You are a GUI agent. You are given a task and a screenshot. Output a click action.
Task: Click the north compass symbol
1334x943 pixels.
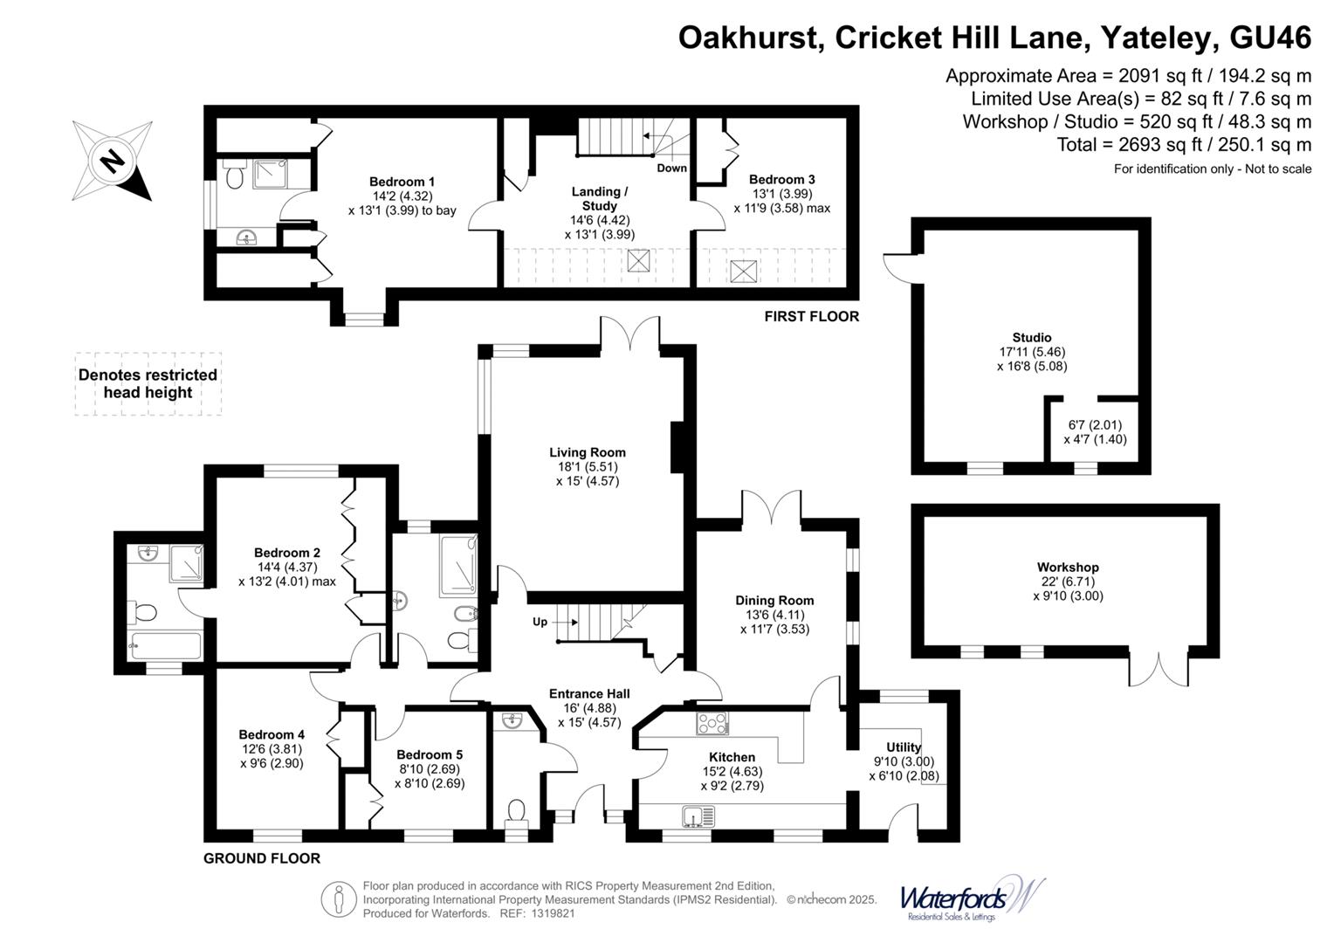(x=112, y=162)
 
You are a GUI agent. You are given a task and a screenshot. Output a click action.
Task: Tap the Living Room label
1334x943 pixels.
(x=588, y=452)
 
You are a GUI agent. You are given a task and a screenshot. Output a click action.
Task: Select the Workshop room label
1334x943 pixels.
(x=1068, y=568)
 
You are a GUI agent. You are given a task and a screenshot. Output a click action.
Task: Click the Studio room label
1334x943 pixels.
(x=1032, y=337)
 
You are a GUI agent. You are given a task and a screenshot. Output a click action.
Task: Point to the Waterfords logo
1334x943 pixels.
(x=971, y=898)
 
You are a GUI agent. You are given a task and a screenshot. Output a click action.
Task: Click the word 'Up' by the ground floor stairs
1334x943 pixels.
(x=540, y=622)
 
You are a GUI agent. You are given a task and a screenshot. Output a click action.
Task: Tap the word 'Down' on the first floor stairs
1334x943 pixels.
(x=671, y=168)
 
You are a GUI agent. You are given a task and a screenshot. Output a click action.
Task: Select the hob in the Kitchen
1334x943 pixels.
(x=712, y=723)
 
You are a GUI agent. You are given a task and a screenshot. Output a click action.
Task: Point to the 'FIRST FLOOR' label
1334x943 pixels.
(x=811, y=316)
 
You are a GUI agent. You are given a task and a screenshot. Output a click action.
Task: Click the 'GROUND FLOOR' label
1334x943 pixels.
(x=262, y=858)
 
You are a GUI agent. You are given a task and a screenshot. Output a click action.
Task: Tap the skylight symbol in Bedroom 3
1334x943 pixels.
(x=743, y=271)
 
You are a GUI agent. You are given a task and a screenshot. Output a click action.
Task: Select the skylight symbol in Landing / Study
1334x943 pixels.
(x=638, y=260)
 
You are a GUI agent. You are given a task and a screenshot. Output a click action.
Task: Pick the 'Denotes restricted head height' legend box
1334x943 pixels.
(x=148, y=384)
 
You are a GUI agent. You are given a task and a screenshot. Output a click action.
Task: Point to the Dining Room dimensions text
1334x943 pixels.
(x=774, y=622)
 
